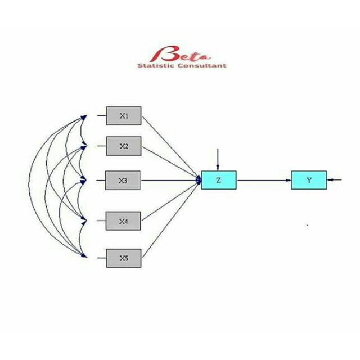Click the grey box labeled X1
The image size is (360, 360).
pyautogui.click(x=124, y=116)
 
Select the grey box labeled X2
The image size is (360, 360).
pyautogui.click(x=124, y=146)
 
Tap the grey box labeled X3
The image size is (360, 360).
pyautogui.click(x=124, y=180)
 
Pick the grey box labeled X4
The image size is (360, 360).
pyautogui.click(x=124, y=220)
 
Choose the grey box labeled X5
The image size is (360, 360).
pyautogui.click(x=124, y=258)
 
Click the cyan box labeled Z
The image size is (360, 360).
pyautogui.click(x=219, y=179)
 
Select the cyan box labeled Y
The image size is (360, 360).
pyautogui.click(x=309, y=179)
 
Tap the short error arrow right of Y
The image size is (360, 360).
pyautogui.click(x=335, y=179)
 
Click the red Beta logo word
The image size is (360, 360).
pyautogui.click(x=180, y=55)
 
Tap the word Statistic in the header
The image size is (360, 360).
pyautogui.click(x=156, y=65)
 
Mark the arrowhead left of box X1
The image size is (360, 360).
pyautogui.click(x=85, y=116)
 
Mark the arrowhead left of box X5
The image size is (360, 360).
pyautogui.click(x=85, y=256)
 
